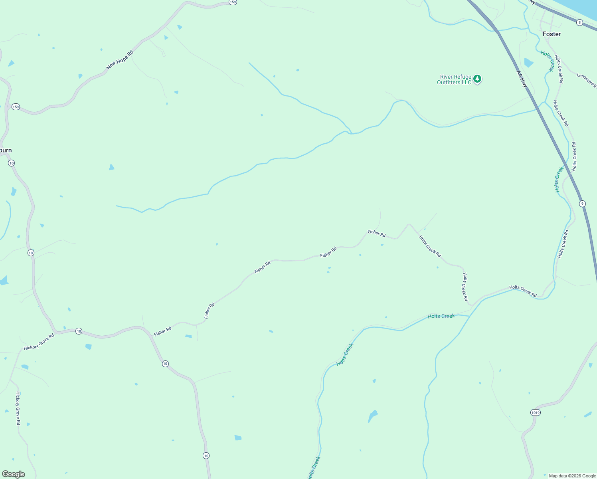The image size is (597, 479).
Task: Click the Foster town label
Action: pos(552,34)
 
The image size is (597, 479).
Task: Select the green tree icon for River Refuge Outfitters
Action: pos(477,79)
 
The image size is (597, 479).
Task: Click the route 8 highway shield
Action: pos(579,23)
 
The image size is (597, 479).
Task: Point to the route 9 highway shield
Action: pos(583,204)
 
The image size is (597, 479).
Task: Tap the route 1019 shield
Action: pos(536,412)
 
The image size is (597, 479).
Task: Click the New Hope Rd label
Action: pos(120,60)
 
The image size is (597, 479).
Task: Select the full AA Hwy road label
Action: pos(522,79)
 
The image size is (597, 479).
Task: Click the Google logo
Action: pos(14,474)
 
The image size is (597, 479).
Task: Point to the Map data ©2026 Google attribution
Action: pos(572,476)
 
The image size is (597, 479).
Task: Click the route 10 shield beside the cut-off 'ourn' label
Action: pos(11,163)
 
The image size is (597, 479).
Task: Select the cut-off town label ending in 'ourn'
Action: pos(6,150)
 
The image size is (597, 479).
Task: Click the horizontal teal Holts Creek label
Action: pos(441,316)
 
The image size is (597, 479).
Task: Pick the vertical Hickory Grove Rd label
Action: pos(18,408)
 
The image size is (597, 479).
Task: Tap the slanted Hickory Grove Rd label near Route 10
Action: pos(39,342)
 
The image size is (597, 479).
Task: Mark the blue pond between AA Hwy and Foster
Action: pos(528,63)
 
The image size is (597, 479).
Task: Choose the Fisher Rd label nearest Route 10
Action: pos(163,331)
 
